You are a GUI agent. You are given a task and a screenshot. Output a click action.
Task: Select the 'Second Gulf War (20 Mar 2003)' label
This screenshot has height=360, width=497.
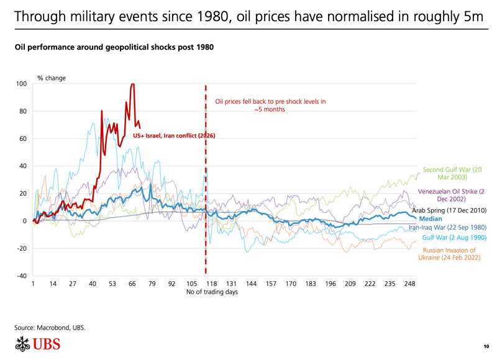[x=452, y=173]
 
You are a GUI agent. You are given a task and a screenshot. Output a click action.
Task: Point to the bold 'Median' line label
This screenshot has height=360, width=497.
[x=431, y=219]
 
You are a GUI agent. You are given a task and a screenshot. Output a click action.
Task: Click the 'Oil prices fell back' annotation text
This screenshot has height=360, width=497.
[x=270, y=105]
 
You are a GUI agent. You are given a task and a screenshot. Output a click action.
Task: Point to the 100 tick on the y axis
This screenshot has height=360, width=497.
[x=22, y=84]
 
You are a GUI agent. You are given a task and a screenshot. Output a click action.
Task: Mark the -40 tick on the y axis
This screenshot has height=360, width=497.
[x=22, y=276]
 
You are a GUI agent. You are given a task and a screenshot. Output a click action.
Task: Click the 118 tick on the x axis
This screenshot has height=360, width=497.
[x=211, y=284]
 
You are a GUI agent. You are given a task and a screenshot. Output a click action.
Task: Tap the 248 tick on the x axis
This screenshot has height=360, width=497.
[x=409, y=284]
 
